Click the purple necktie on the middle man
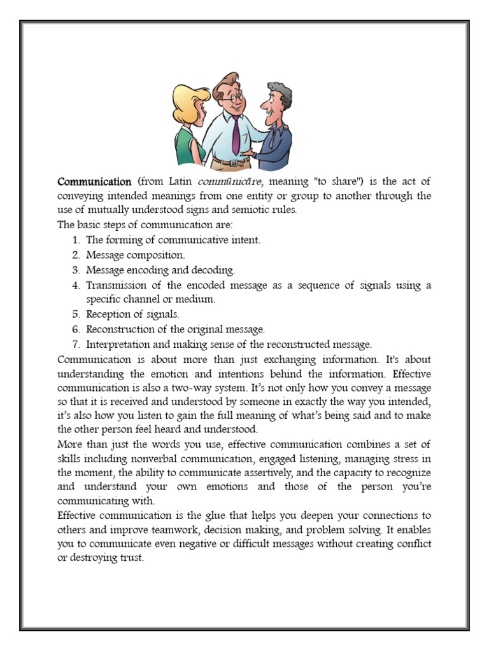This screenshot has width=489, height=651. tap(236, 134)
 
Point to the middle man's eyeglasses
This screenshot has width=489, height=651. tap(232, 98)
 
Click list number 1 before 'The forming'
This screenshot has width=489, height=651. tap(75, 240)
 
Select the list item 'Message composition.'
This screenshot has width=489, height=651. tap(136, 255)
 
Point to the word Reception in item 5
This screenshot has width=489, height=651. tap(110, 314)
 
